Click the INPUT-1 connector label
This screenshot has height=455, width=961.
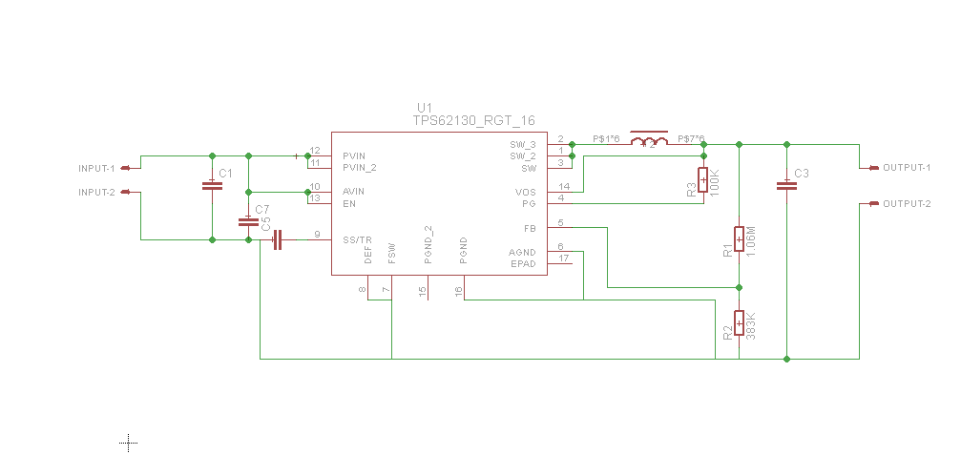(x=96, y=168)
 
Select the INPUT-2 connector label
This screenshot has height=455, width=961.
(x=96, y=192)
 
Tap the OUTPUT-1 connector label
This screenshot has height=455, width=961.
(x=906, y=168)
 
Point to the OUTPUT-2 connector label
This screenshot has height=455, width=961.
(x=906, y=203)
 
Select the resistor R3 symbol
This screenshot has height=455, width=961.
(x=703, y=179)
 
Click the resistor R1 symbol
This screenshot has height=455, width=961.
(x=739, y=238)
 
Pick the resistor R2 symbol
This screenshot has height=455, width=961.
(x=739, y=322)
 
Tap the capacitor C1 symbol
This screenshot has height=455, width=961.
(x=212, y=185)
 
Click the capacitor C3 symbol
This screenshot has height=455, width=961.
(x=786, y=186)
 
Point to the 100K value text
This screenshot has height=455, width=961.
(x=715, y=181)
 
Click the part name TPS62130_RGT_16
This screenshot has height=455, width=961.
(x=473, y=120)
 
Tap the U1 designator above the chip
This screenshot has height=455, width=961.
(x=425, y=107)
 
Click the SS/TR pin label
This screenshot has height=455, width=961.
(x=357, y=239)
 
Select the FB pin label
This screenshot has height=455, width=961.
(x=530, y=228)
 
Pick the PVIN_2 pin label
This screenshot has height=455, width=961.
(x=360, y=167)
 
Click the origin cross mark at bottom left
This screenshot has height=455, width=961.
(x=129, y=442)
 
